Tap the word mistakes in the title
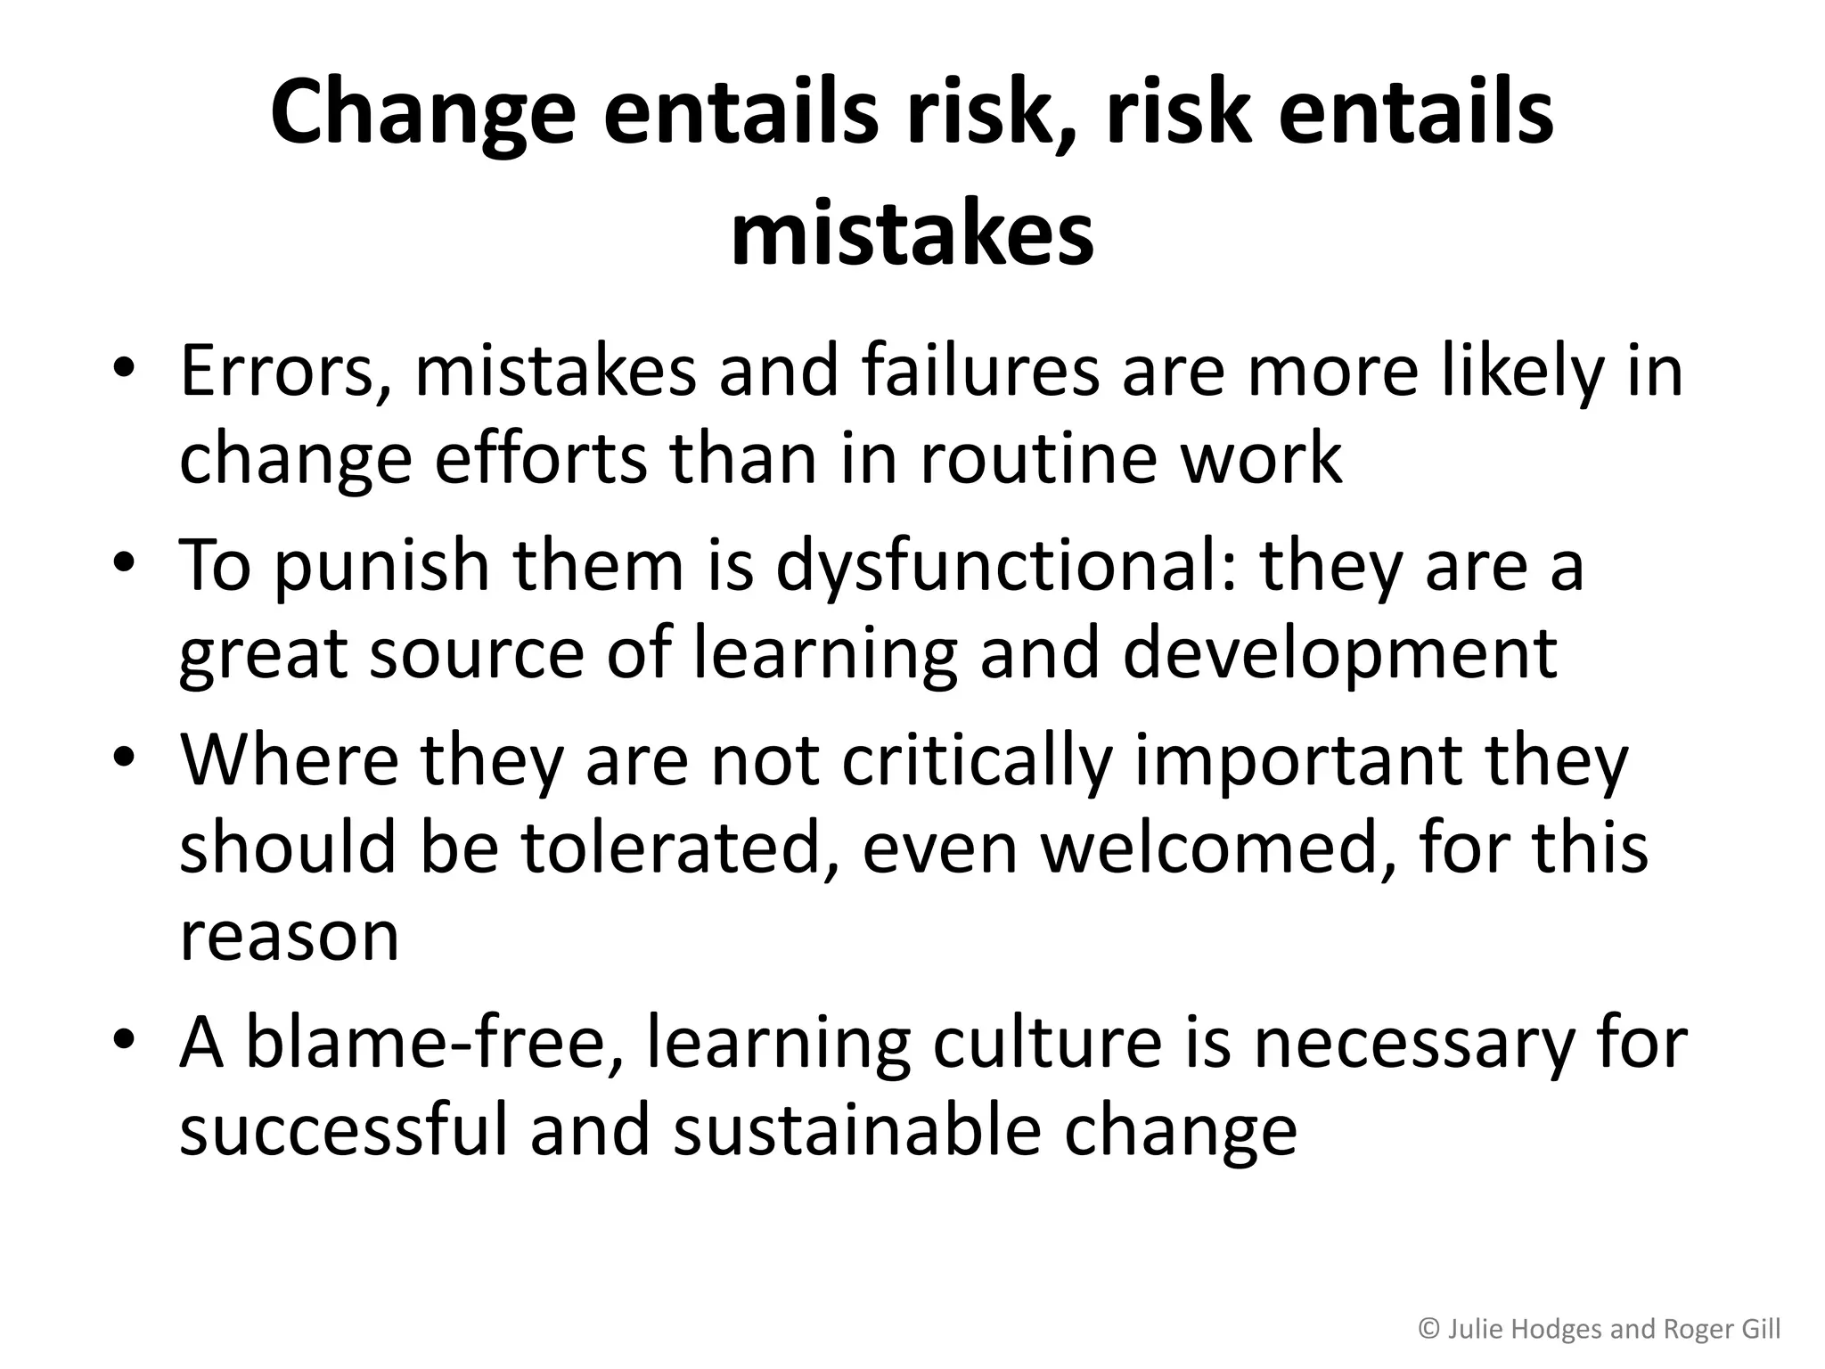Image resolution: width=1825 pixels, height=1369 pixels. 912,235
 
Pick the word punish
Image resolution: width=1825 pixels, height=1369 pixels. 382,566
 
